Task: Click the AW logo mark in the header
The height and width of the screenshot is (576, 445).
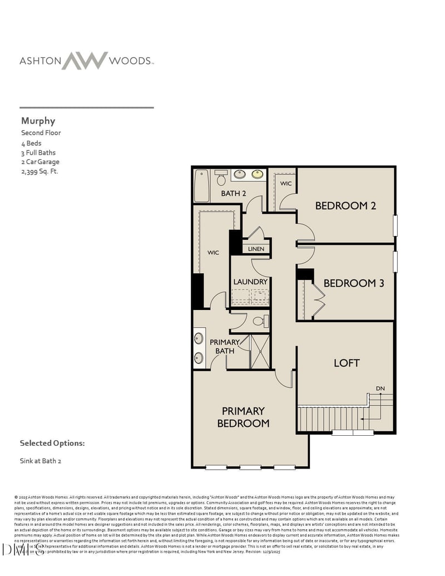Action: (x=85, y=61)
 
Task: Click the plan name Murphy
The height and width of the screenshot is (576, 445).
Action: (x=38, y=121)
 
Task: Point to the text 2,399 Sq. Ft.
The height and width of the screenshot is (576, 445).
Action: (x=39, y=171)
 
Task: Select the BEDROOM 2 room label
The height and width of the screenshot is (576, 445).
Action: (x=345, y=206)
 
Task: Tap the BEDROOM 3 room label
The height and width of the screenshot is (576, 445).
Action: (x=354, y=283)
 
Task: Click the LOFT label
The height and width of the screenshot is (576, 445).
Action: (x=347, y=363)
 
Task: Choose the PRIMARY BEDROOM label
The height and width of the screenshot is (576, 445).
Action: (x=243, y=417)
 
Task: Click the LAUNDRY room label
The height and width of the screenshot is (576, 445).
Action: (x=250, y=282)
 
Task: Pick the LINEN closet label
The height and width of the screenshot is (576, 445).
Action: (x=256, y=249)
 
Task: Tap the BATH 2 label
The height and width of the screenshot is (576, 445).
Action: (x=233, y=194)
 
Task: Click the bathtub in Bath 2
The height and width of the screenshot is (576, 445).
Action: (x=201, y=185)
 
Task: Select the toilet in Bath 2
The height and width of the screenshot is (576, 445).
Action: (x=221, y=178)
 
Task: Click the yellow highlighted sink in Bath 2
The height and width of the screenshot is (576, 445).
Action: (x=258, y=174)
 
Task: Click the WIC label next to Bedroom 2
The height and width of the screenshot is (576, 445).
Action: (x=285, y=184)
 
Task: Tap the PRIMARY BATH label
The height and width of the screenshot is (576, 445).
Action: (x=225, y=346)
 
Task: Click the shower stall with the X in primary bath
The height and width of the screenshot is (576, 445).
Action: (x=260, y=352)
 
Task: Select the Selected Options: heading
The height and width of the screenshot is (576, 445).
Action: (x=52, y=444)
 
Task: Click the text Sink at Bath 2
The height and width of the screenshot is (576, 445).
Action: (x=41, y=461)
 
